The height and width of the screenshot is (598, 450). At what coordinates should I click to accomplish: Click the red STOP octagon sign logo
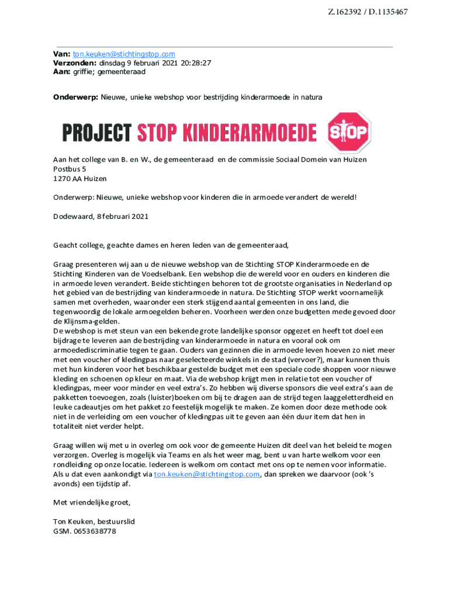[348, 131]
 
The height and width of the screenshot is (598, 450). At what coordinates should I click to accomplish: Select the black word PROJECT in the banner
[97, 133]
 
